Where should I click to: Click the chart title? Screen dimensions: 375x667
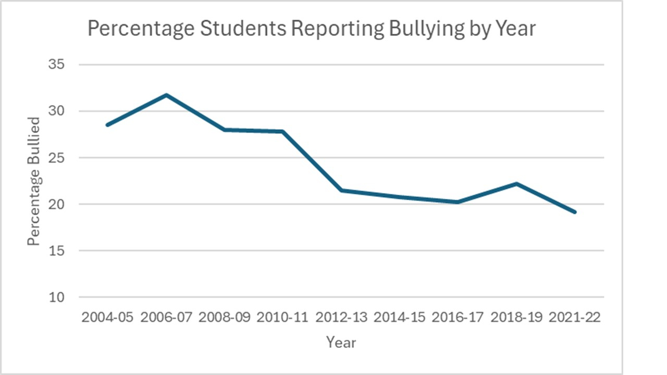coord(311,29)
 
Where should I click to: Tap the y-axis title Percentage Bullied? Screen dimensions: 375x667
coord(34,181)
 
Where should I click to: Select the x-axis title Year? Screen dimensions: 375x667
coord(341,342)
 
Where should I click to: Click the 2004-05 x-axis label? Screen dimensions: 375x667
coord(107,318)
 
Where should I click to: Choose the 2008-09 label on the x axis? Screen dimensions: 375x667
coord(224,318)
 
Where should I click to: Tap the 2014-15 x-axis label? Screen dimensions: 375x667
coord(400,318)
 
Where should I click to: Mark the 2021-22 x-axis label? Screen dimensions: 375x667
coord(575,318)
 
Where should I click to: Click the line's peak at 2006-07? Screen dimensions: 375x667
coord(166,95)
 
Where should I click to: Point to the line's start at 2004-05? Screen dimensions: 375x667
coord(107,125)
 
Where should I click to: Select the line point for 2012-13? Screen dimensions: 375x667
coord(341,191)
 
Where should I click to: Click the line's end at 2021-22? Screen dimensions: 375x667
coord(575,212)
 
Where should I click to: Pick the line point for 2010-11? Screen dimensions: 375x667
coord(282,131)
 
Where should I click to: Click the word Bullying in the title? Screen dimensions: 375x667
coord(425,29)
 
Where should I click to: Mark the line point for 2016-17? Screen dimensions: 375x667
coord(458,202)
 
